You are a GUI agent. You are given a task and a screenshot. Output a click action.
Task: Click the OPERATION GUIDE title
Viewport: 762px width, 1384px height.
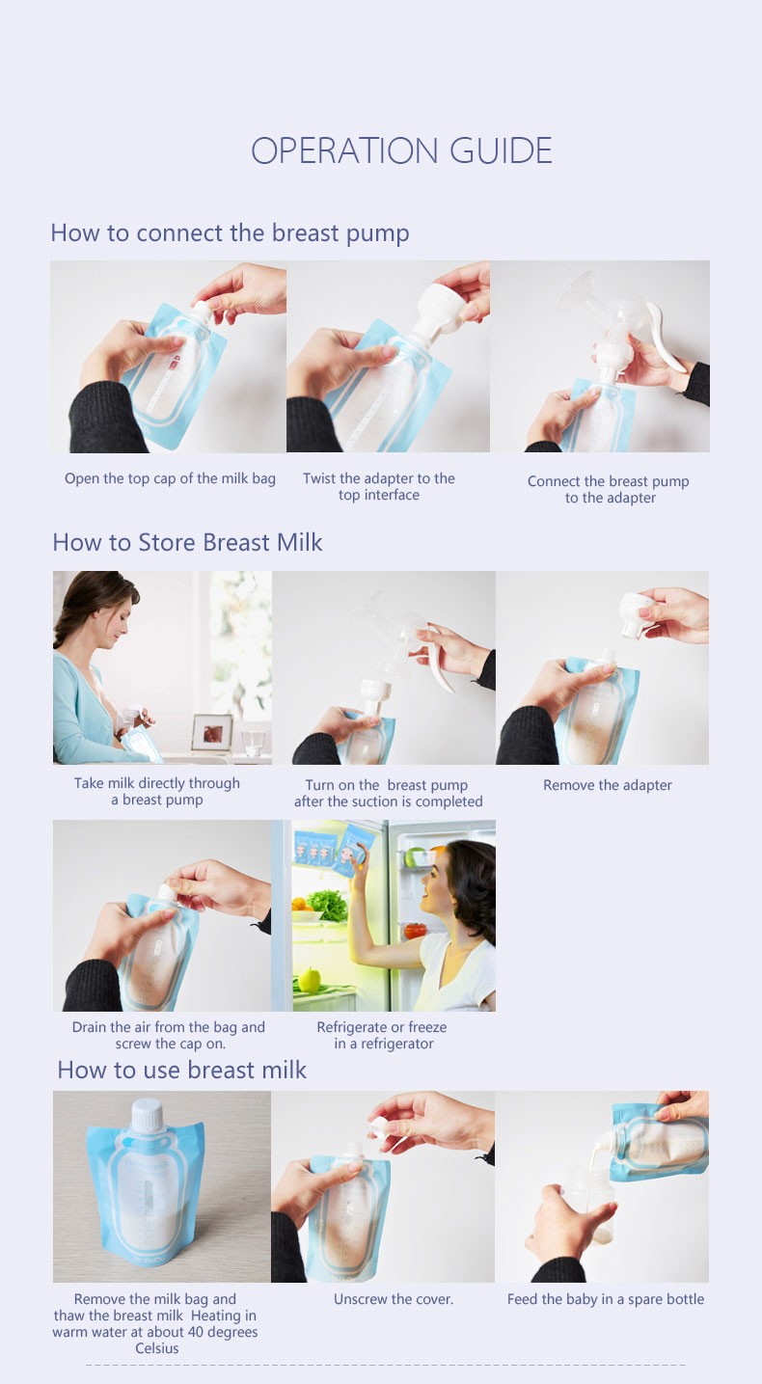[x=401, y=151]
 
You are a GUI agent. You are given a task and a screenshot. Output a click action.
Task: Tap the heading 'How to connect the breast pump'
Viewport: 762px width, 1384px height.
[x=230, y=233]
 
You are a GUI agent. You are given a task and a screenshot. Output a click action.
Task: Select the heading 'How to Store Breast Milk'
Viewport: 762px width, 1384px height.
[x=187, y=542]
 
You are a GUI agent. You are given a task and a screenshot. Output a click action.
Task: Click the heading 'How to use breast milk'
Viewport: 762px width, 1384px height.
[x=181, y=1070]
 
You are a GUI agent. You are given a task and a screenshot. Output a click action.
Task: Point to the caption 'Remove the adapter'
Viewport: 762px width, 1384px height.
[x=607, y=785]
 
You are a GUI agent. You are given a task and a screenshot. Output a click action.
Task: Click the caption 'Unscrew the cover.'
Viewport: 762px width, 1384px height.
[x=394, y=1299]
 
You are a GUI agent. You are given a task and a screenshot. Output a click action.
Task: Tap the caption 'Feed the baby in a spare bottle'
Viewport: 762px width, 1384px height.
[x=606, y=1299]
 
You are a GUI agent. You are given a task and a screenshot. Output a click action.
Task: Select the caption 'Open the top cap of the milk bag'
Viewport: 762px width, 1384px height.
[x=170, y=478]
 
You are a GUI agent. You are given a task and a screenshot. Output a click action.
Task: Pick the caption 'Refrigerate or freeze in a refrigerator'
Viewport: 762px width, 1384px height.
[x=382, y=1035]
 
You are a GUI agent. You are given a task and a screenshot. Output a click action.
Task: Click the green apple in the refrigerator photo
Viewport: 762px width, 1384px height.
[x=309, y=981]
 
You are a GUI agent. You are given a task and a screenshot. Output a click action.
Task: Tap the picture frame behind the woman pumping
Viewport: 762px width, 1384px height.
[x=211, y=732]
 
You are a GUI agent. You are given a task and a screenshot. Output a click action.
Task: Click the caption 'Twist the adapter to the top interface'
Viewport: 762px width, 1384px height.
[x=378, y=486]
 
